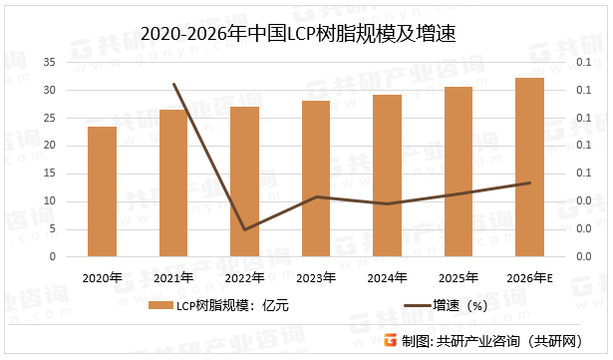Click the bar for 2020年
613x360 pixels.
[x=102, y=191]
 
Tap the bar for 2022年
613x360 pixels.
[x=244, y=181]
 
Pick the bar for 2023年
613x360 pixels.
[x=316, y=179]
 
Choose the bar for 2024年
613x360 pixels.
[x=387, y=176]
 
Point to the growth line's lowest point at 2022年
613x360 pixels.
[x=244, y=229]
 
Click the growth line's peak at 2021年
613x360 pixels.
[x=173, y=85]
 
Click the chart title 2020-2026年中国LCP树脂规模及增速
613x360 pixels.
[x=306, y=34]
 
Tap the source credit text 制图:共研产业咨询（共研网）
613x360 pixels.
[x=498, y=342]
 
